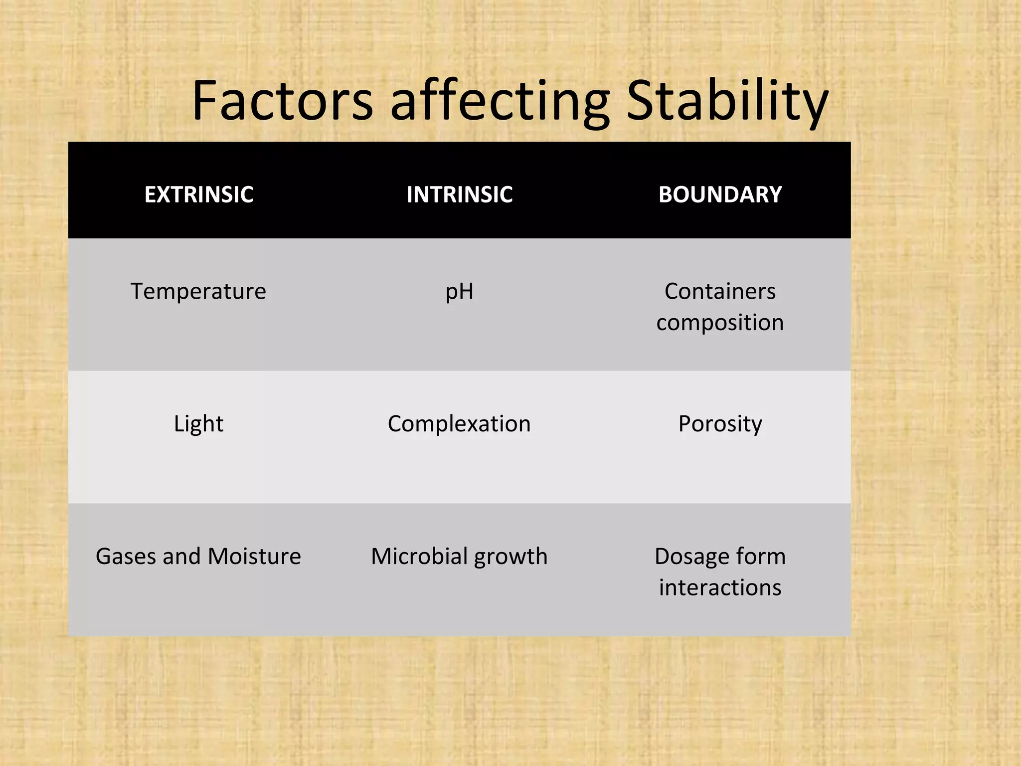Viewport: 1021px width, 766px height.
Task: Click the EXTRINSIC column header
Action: click(198, 194)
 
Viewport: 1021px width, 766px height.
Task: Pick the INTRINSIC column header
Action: click(459, 194)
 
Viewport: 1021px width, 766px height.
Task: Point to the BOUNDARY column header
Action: click(720, 194)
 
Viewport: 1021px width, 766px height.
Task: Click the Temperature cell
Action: click(198, 291)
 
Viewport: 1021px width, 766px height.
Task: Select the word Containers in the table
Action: click(720, 291)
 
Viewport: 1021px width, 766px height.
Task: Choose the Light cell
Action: click(198, 424)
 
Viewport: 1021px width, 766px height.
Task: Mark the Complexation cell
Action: click(459, 424)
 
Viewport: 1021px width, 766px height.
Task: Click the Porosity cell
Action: click(720, 424)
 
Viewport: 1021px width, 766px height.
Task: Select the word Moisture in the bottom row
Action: click(254, 557)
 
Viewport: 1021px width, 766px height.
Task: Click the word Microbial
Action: click(419, 557)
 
